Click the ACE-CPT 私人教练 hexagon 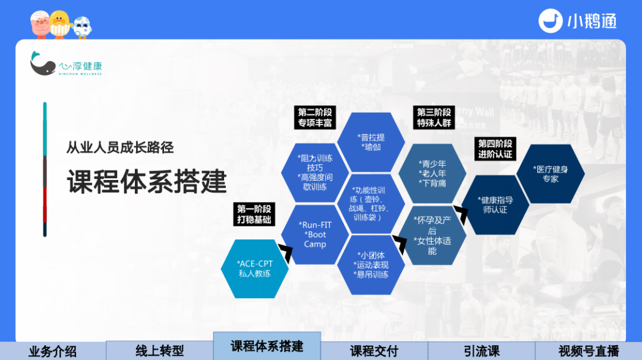click(x=254, y=269)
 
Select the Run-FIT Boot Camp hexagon click(x=315, y=235)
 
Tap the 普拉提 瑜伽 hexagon click(x=371, y=142)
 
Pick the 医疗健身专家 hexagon click(x=550, y=174)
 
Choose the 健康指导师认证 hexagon click(x=495, y=205)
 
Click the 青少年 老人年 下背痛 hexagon click(x=432, y=173)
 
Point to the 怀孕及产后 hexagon click(x=432, y=235)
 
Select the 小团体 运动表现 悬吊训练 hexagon click(x=371, y=265)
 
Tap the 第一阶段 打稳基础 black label click(x=254, y=214)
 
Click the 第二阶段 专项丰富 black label click(x=315, y=118)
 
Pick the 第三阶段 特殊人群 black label click(x=434, y=118)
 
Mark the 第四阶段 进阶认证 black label click(x=495, y=149)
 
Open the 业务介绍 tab click(x=53, y=351)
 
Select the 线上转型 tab click(x=160, y=350)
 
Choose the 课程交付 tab click(x=374, y=351)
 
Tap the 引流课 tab click(x=481, y=351)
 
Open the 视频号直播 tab click(x=588, y=351)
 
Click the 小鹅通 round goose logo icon click(x=550, y=21)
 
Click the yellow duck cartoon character click(x=60, y=24)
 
